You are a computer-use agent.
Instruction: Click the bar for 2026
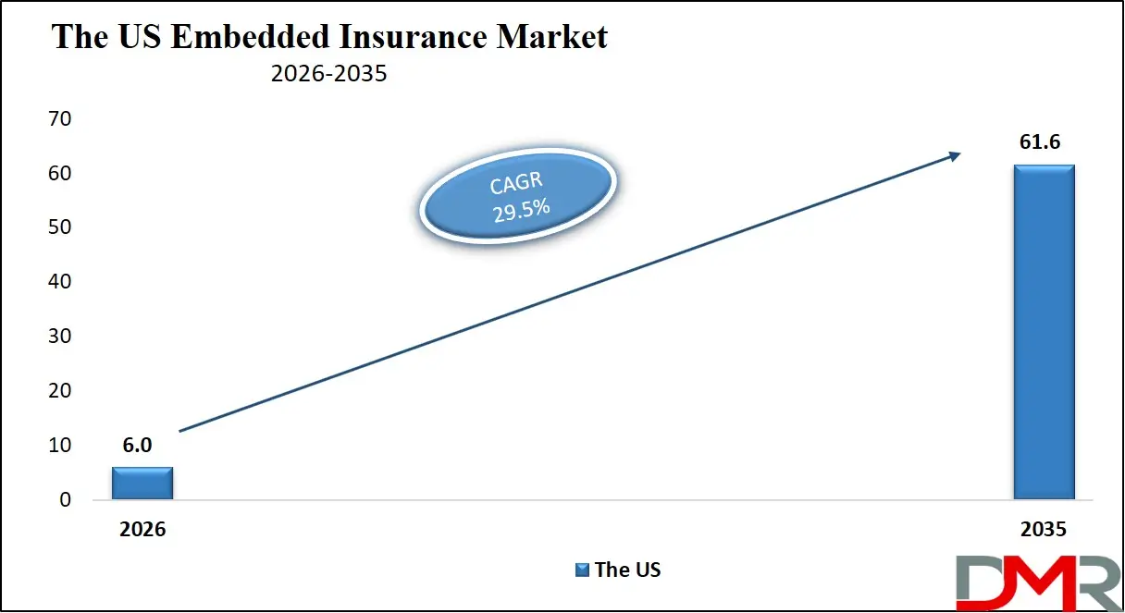tap(142, 483)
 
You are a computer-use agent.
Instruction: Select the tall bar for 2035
tap(1044, 332)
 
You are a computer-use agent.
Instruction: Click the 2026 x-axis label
tap(142, 530)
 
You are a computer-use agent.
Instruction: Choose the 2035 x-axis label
tap(1043, 530)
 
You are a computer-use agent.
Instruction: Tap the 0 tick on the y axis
tap(65, 500)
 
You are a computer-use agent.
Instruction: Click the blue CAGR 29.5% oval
tap(518, 196)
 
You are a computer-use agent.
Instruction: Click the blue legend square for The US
tap(582, 570)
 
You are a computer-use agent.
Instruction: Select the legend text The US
tap(628, 570)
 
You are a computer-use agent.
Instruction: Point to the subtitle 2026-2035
tap(328, 74)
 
